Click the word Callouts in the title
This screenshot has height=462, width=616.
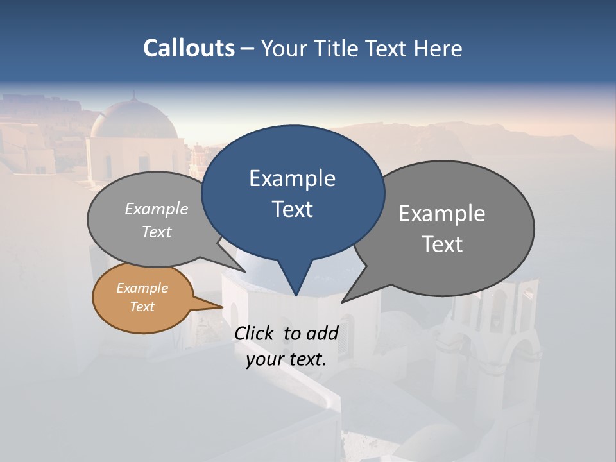pyautogui.click(x=189, y=49)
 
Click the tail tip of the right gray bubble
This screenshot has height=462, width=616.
pyautogui.click(x=343, y=301)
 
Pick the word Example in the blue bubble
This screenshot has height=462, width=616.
pyautogui.click(x=292, y=178)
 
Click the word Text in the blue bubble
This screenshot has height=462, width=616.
pyautogui.click(x=292, y=209)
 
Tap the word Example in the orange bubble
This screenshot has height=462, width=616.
pyautogui.click(x=142, y=288)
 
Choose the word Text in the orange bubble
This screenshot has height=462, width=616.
pyautogui.click(x=142, y=307)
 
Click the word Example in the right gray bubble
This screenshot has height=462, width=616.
pyautogui.click(x=442, y=214)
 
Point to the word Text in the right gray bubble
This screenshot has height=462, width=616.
pyautogui.click(x=442, y=244)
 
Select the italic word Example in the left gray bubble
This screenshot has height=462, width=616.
pyautogui.click(x=156, y=209)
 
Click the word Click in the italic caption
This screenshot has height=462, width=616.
pyautogui.click(x=255, y=333)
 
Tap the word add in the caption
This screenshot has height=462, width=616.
pyautogui.click(x=322, y=333)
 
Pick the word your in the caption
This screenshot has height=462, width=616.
pyautogui.click(x=264, y=359)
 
